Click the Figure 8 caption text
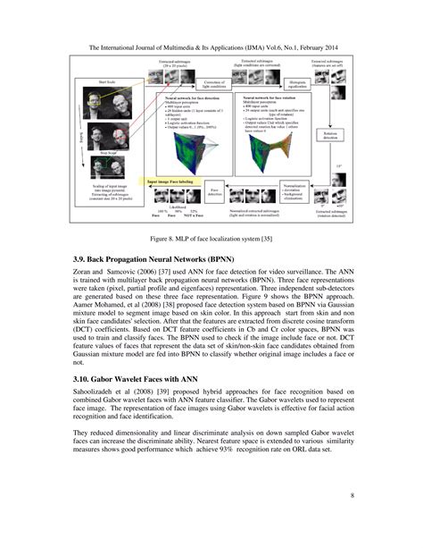[x=211, y=240]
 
